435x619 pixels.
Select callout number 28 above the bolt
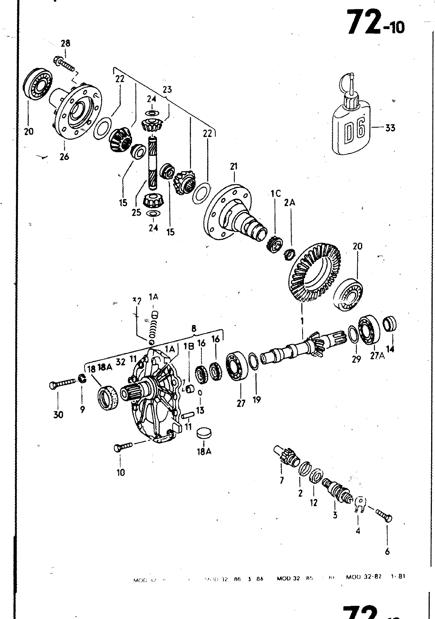(x=65, y=43)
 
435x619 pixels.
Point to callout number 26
(x=64, y=157)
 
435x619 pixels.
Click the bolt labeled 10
(x=123, y=447)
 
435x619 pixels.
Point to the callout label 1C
(x=275, y=194)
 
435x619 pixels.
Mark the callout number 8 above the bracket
(x=194, y=328)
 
